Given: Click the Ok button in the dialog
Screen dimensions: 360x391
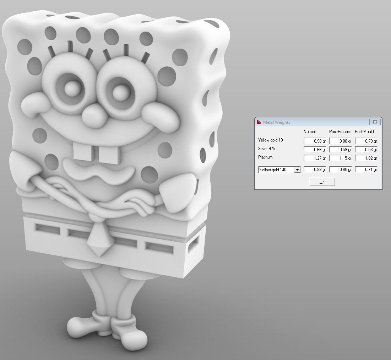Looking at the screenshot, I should (322, 182).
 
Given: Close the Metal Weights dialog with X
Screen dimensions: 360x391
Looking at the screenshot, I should (375, 122).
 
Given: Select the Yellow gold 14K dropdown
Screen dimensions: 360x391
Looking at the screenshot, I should (279, 170).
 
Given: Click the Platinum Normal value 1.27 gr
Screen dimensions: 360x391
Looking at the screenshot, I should (315, 158).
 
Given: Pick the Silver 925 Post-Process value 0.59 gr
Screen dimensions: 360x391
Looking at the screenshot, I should (341, 150).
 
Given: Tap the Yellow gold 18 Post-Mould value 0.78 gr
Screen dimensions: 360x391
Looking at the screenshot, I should (366, 141).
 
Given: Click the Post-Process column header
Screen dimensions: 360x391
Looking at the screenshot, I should (340, 132).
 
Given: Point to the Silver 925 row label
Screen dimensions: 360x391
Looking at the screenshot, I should (267, 149).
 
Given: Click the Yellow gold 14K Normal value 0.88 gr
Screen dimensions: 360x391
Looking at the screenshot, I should (315, 170).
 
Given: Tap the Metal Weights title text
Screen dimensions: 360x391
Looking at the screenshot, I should (277, 122).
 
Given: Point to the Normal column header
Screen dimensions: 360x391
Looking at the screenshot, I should (310, 132).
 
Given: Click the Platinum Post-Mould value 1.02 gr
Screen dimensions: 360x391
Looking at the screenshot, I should (366, 158).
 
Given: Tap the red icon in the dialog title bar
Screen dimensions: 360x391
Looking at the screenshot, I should (259, 122).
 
